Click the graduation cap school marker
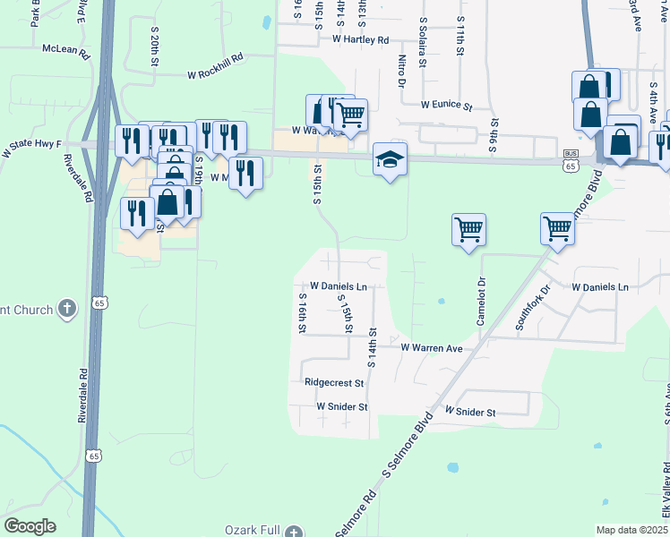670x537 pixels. pyautogui.click(x=390, y=159)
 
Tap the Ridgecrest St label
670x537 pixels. pyautogui.click(x=334, y=382)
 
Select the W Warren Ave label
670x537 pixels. pyautogui.click(x=431, y=346)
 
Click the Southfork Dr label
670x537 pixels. pyautogui.click(x=534, y=308)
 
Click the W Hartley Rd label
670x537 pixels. pyautogui.click(x=360, y=40)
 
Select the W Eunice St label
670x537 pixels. pyautogui.click(x=446, y=106)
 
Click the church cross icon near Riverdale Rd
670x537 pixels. pyautogui.click(x=65, y=310)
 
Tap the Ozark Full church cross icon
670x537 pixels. pyautogui.click(x=295, y=532)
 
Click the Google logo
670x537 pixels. pyautogui.click(x=30, y=526)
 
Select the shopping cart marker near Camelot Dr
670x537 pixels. pyautogui.click(x=469, y=230)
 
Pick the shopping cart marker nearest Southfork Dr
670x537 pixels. pyautogui.click(x=557, y=228)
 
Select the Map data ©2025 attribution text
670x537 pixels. pyautogui.click(x=632, y=530)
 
